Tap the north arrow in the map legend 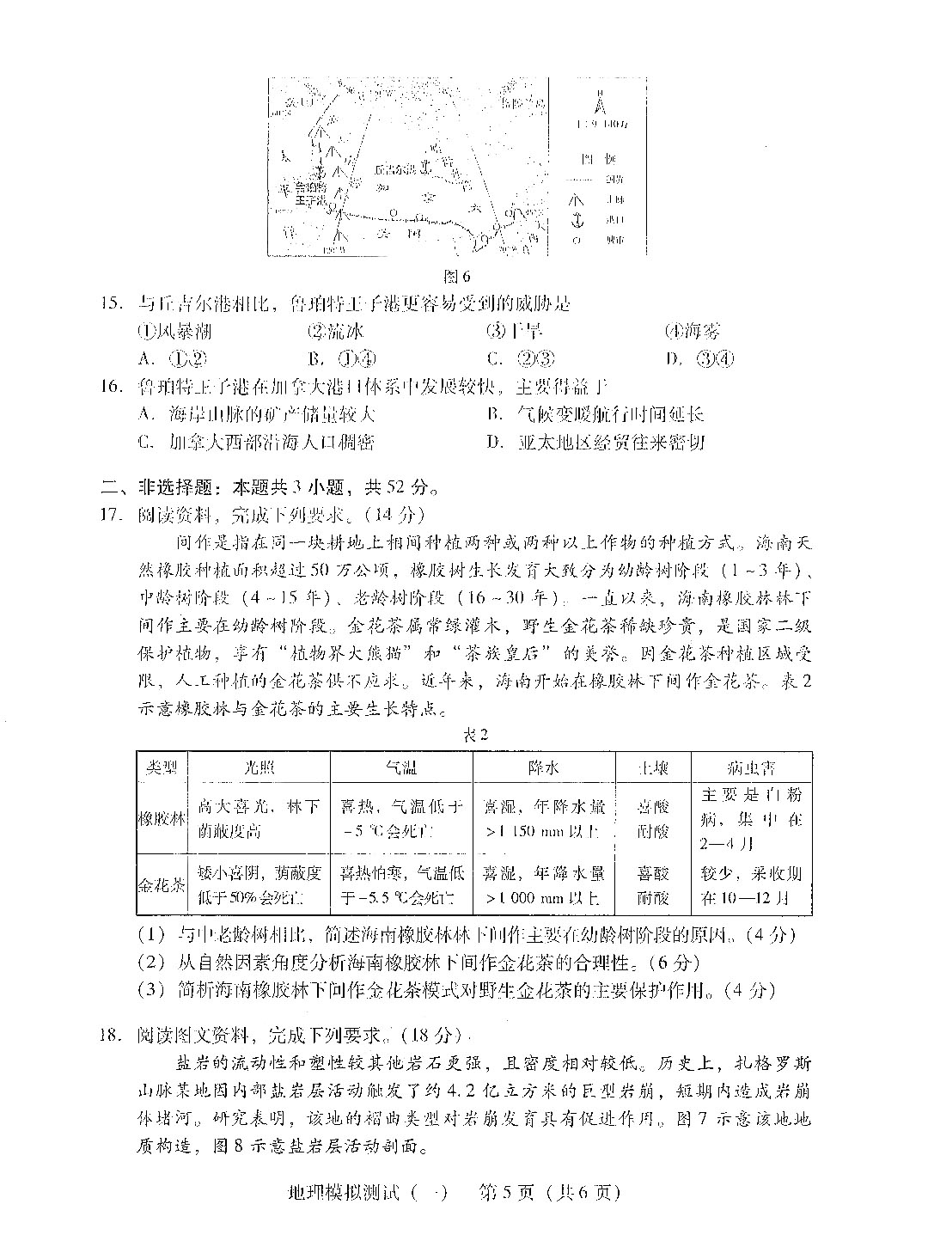tap(601, 103)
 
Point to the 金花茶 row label tap(162, 884)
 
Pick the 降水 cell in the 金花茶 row tap(544, 885)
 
